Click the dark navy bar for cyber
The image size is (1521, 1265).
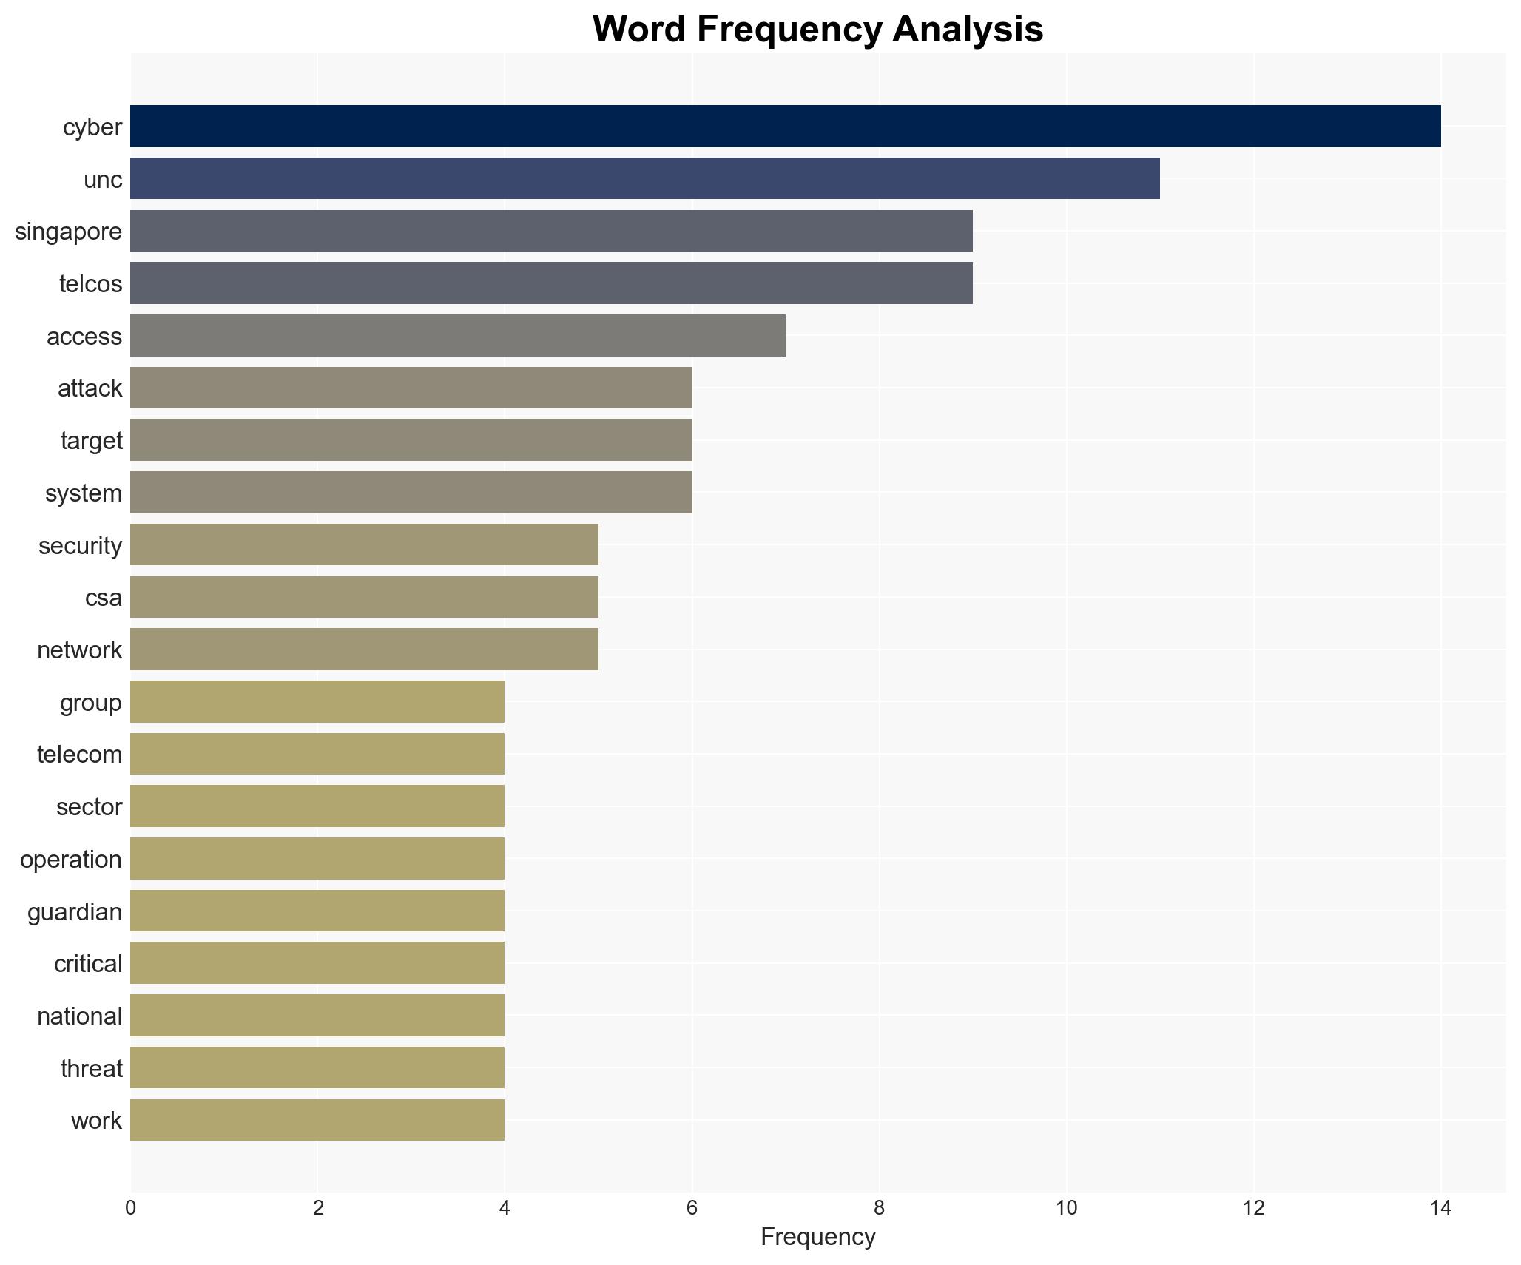[785, 127]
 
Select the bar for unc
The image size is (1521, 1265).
[644, 178]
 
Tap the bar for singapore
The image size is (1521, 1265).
[551, 231]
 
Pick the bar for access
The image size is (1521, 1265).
[457, 336]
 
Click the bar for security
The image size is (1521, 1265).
[364, 545]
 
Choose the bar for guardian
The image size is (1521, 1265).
[317, 911]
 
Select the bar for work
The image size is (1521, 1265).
[317, 1121]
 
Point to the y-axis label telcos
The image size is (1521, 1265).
[90, 284]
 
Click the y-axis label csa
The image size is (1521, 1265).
[103, 598]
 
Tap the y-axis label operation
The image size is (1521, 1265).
[70, 860]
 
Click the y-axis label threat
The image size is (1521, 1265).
[91, 1069]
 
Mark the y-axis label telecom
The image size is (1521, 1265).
[79, 755]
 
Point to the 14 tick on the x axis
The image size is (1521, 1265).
[1440, 1208]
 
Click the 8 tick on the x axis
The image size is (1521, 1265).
[879, 1208]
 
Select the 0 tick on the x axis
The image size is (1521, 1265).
[131, 1208]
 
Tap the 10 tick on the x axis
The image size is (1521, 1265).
[1065, 1208]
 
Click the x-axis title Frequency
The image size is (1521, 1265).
[817, 1237]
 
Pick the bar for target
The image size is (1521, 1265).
[411, 440]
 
